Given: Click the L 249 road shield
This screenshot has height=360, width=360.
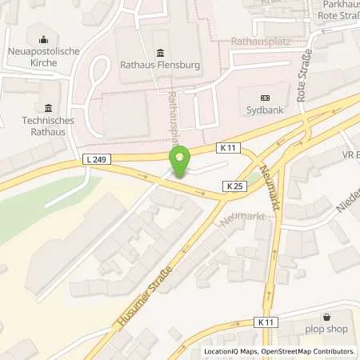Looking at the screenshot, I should (92, 160).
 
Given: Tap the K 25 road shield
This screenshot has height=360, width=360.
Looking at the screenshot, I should (232, 185).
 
